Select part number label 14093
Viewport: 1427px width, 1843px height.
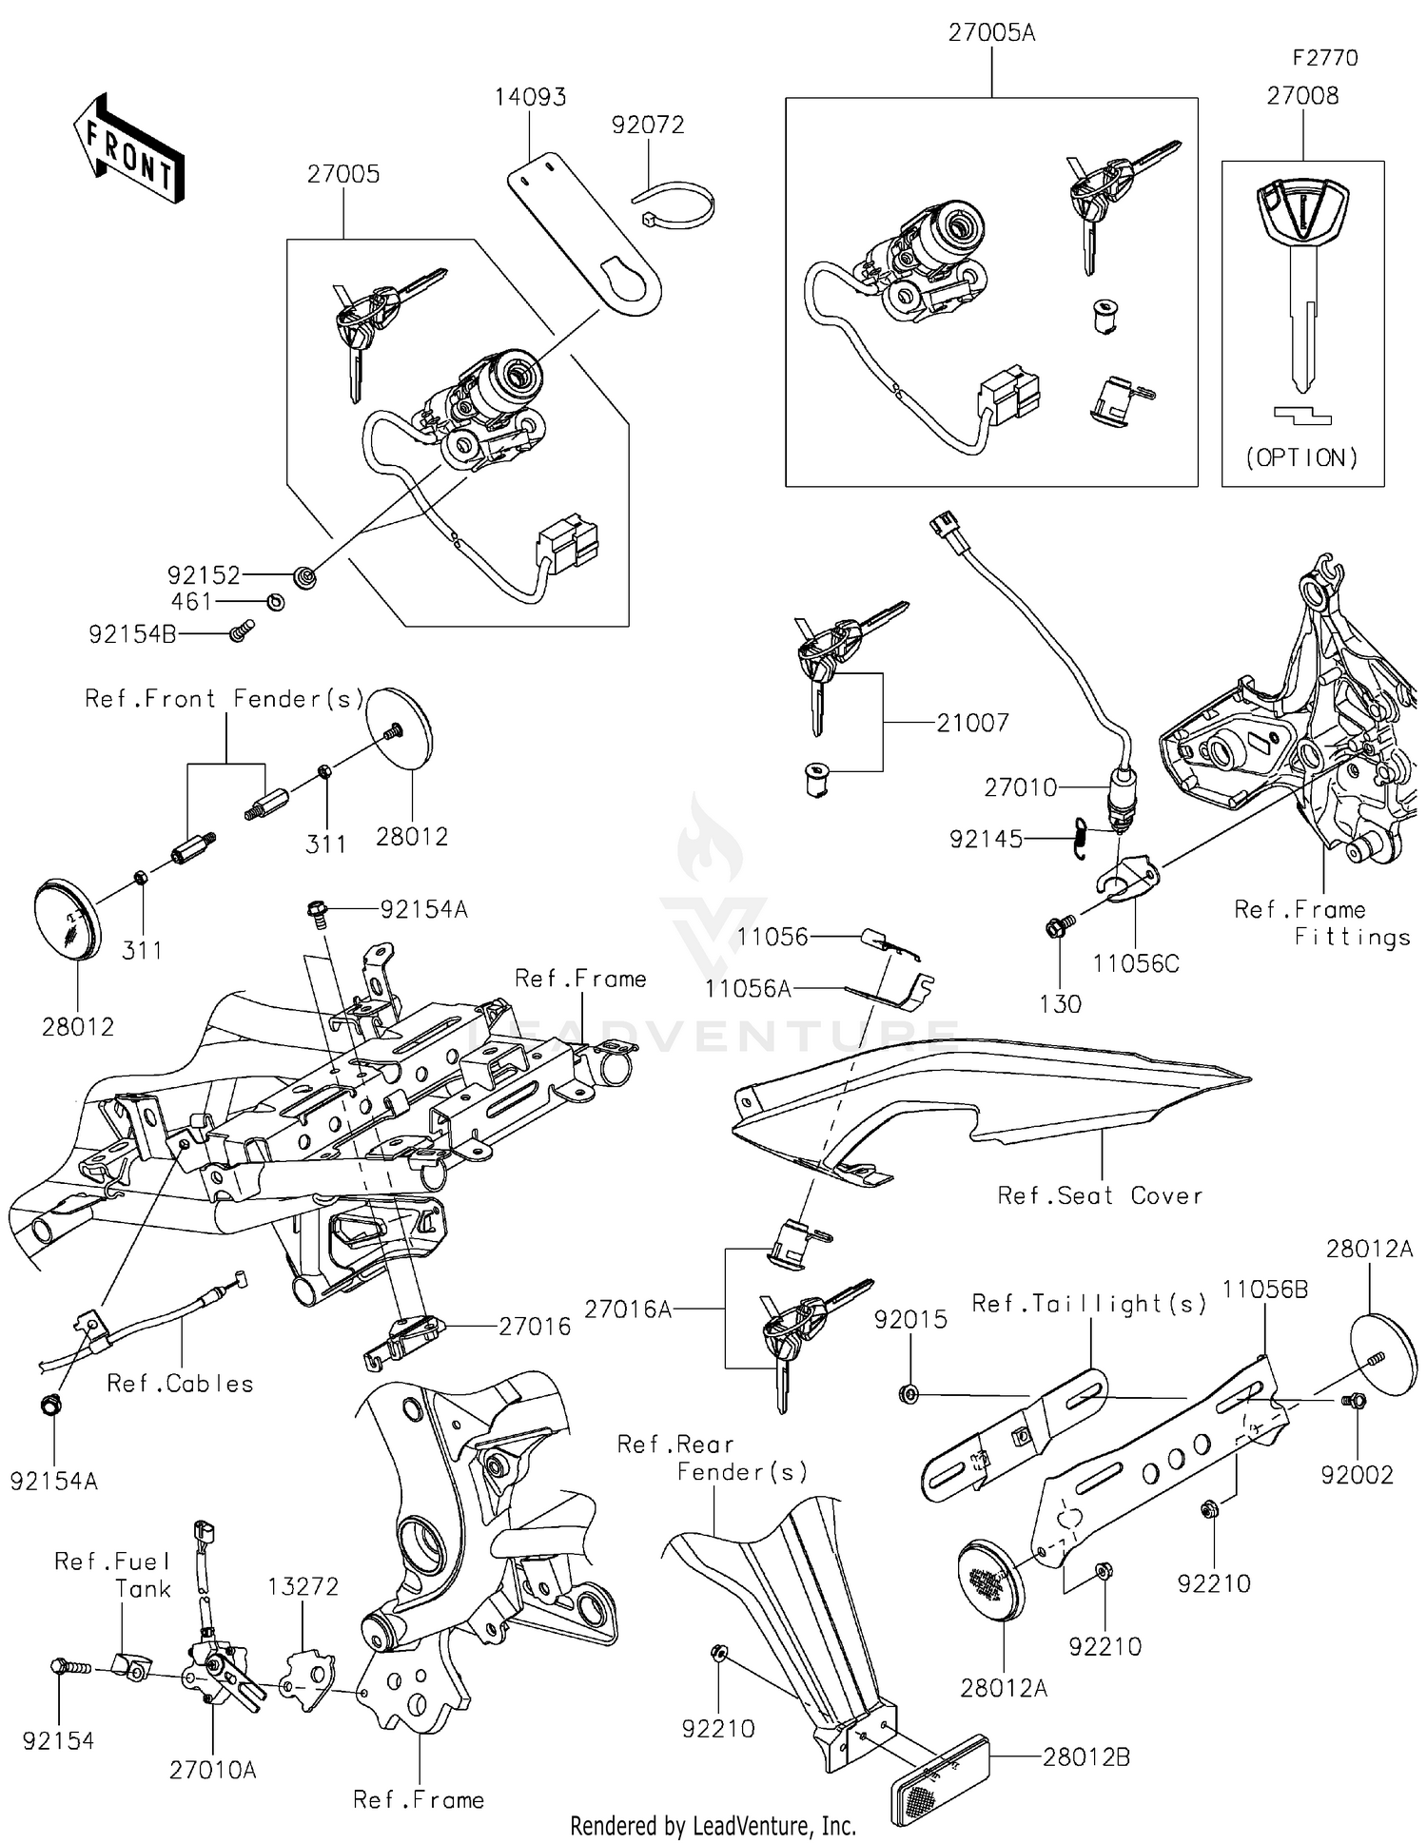[x=530, y=97]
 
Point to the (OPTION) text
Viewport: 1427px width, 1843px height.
[x=1302, y=458]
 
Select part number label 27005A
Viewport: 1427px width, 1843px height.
[x=991, y=33]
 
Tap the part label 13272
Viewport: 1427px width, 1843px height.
[x=303, y=1586]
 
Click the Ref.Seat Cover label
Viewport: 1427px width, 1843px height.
[x=1100, y=1195]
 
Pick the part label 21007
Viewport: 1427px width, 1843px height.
[x=972, y=723]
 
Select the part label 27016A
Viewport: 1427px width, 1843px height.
[x=628, y=1309]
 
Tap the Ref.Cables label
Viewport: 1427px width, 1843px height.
[x=181, y=1384]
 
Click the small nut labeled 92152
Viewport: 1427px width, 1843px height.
[x=306, y=575]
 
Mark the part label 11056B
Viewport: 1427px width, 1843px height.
[x=1264, y=1290]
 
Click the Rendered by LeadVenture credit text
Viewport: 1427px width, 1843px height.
[x=713, y=1826]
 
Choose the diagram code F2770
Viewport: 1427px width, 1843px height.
[x=1324, y=58]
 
